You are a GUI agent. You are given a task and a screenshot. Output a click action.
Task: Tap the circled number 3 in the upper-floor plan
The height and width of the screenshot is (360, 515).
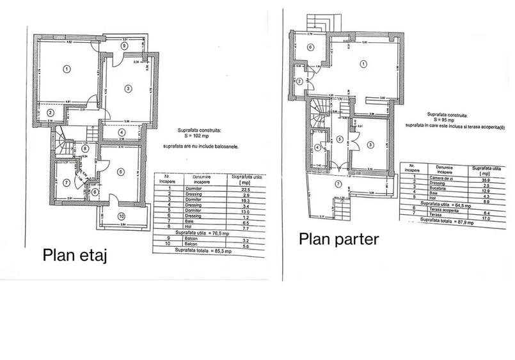click(x=128, y=88)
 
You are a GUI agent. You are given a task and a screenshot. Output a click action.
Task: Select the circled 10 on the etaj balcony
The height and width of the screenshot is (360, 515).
click(x=122, y=215)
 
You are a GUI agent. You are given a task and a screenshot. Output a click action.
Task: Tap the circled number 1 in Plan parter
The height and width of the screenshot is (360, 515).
click(x=363, y=63)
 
